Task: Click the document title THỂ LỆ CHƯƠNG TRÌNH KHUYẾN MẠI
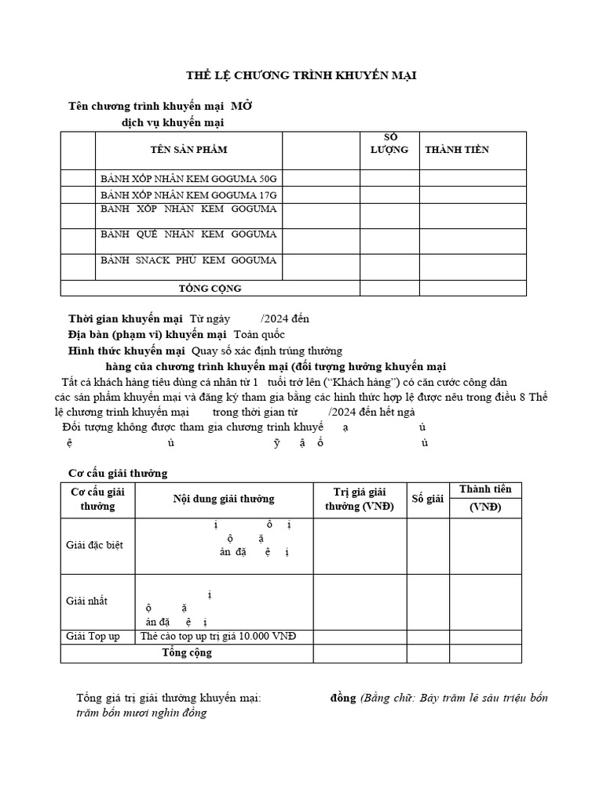point(301,75)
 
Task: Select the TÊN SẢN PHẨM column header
point(188,150)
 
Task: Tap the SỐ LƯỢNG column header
point(389,144)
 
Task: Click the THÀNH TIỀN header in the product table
point(456,150)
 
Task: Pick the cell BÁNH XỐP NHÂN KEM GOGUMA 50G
point(188,178)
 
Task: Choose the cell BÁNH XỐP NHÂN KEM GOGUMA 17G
point(188,194)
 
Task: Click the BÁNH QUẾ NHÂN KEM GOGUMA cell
point(188,234)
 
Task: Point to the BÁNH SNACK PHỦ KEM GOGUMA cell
point(188,260)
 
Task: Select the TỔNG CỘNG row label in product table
point(210,289)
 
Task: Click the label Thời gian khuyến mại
point(126,318)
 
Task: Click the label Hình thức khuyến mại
point(126,351)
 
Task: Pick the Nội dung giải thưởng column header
point(224,499)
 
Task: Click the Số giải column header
point(428,499)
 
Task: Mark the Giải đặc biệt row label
point(94,545)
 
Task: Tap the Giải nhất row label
point(86,601)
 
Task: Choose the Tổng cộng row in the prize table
point(187,652)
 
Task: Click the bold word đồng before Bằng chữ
point(343,698)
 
